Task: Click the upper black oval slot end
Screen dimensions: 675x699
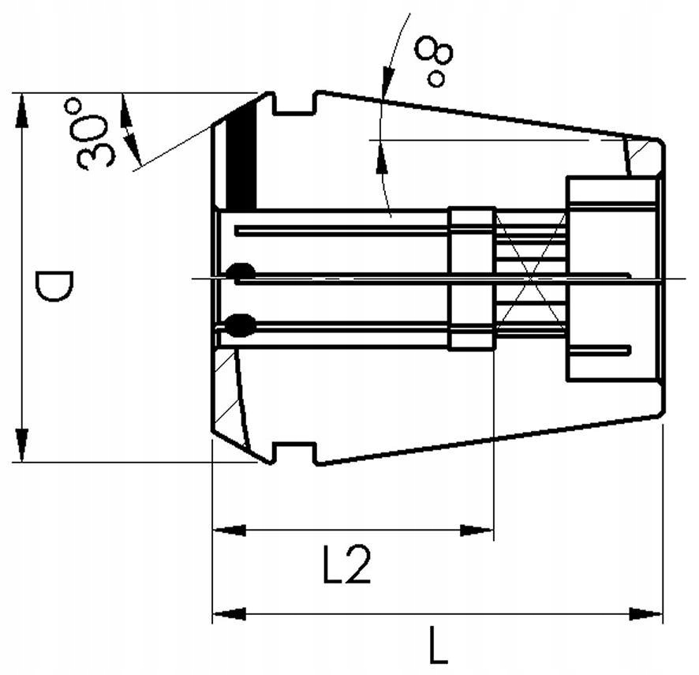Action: point(240,272)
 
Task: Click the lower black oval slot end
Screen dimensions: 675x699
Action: point(240,322)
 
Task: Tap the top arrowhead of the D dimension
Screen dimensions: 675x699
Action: point(21,111)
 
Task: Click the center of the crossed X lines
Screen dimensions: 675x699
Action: point(531,277)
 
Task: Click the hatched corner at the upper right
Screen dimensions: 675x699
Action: point(643,157)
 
